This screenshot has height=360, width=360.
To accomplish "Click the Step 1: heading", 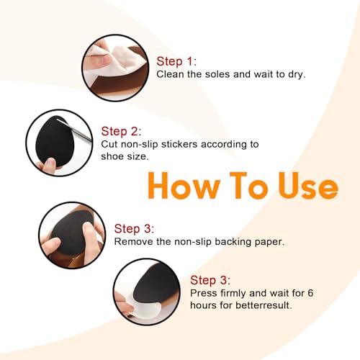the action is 176,61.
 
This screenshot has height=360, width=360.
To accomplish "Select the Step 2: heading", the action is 121,132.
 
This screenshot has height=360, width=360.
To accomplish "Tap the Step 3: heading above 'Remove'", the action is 134,228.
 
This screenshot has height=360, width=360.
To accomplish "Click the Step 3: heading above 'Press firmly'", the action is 210,280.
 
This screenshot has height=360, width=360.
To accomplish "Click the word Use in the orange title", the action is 308,186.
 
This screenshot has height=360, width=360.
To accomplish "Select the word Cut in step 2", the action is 109,144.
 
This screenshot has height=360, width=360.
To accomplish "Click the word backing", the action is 233,243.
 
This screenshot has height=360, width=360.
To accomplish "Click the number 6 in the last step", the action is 310,293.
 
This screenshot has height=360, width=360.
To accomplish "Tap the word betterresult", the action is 264,305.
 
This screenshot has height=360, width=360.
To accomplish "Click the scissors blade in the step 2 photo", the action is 75,130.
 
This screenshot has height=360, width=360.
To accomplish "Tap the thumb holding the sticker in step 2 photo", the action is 48,166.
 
